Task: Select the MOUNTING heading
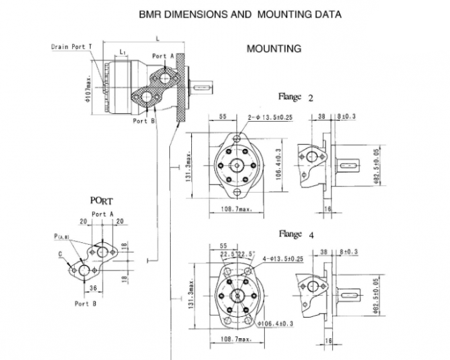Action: click(273, 48)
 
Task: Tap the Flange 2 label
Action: click(296, 97)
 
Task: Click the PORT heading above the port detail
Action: click(101, 201)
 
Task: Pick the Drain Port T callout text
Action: click(71, 46)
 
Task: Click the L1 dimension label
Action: click(124, 51)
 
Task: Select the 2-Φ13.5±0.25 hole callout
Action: click(271, 117)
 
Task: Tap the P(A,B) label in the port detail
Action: click(63, 236)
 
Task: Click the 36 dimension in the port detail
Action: click(93, 287)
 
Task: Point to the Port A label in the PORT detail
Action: click(103, 214)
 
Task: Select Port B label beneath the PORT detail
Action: click(86, 303)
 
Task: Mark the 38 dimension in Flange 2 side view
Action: click(322, 116)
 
